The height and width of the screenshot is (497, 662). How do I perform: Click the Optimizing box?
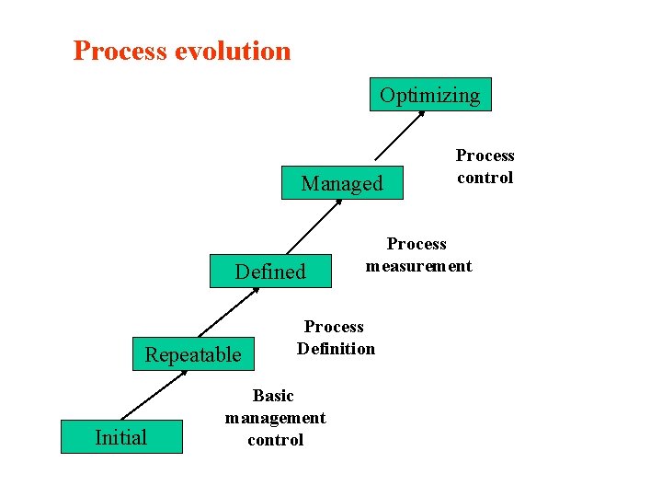click(430, 95)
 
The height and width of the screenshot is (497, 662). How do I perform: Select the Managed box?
click(342, 183)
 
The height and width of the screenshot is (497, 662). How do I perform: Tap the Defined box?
click(270, 272)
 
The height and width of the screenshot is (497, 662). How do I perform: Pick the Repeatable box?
click(193, 354)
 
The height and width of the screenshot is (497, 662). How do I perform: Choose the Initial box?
click(121, 437)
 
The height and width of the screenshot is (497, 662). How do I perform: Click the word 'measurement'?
click(418, 266)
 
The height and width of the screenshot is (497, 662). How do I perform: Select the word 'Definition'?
click(336, 349)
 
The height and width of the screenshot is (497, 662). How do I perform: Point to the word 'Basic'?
click(273, 396)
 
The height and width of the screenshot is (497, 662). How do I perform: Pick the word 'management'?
click(275, 418)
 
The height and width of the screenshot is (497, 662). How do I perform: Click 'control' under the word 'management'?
click(275, 440)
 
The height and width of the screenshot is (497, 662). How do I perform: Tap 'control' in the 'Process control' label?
click(485, 178)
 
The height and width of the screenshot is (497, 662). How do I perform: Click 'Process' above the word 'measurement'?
click(417, 244)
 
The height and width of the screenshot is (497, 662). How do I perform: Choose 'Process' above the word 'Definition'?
click(334, 327)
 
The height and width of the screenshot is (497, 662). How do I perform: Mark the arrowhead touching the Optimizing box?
click(421, 114)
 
